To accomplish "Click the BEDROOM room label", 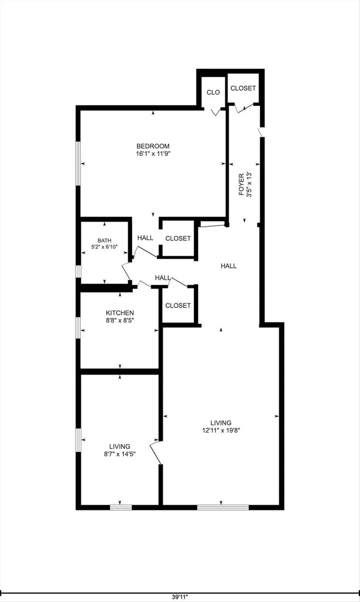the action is (153, 146).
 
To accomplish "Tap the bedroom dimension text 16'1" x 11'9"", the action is (153, 154).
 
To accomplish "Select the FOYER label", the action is (241, 185).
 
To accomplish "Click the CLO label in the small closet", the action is (213, 92).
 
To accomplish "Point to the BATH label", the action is (104, 241).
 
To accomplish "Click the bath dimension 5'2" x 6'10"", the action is (104, 247).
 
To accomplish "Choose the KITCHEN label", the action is (120, 313).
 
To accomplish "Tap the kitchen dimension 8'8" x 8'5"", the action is (120, 320).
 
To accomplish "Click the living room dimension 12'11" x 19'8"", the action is (221, 430).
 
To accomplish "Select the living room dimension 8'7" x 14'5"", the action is (120, 454).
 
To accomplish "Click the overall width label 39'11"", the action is (180, 597).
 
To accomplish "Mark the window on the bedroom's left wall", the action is (78, 164).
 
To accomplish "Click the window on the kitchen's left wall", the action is (78, 328).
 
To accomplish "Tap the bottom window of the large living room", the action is (223, 507).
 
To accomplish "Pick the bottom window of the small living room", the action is (121, 507).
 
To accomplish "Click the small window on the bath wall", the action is (78, 272).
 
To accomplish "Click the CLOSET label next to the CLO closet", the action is (243, 89).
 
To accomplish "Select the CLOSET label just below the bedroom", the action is (178, 239).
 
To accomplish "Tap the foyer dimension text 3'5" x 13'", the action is (249, 185).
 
